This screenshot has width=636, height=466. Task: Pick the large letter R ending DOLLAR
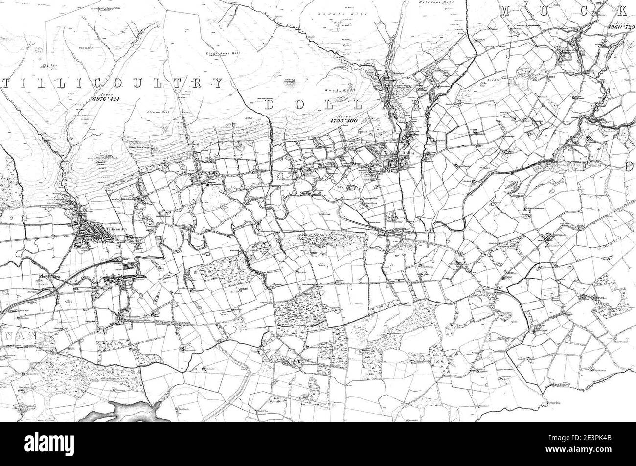pos(417,105)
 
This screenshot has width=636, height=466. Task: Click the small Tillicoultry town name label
pos(113,228)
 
